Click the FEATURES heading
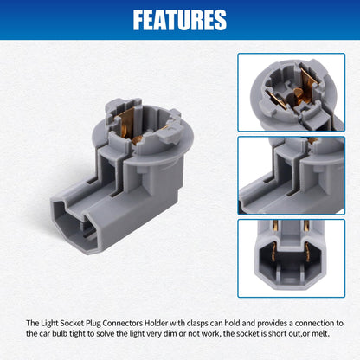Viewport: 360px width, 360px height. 180,20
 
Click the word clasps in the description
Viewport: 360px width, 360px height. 197,324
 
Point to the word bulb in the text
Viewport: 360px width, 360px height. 60,334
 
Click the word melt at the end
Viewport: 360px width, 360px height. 320,334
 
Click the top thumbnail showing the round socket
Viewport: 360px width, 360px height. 292,93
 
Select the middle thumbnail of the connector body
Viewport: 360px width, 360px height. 292,176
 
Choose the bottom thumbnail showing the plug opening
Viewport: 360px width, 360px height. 292,259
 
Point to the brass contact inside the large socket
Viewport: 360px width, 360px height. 127,125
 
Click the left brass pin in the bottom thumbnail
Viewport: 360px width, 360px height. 274,252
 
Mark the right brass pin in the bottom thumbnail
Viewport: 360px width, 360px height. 307,252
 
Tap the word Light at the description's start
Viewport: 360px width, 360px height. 48,324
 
